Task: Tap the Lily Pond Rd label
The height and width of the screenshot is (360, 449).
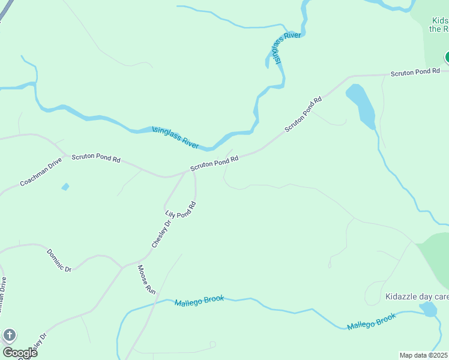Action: tap(181, 209)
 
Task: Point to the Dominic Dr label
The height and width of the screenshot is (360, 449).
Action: tap(59, 260)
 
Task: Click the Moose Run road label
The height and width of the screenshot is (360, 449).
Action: tap(146, 279)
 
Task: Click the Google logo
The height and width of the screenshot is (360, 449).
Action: tap(20, 352)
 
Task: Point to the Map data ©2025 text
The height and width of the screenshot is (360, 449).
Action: tap(424, 355)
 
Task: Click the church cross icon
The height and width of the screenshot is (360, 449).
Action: tap(9, 335)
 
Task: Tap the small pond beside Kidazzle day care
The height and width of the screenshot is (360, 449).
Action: tap(428, 309)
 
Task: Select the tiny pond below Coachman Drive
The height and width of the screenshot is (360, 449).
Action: tap(65, 187)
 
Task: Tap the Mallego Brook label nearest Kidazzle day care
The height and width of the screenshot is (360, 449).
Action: tap(372, 321)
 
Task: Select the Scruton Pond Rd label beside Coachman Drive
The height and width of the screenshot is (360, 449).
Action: tap(96, 159)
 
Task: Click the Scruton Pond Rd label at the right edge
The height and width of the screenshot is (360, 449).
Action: tap(419, 72)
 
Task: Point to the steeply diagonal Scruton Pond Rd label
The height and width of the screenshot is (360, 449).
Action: tap(303, 114)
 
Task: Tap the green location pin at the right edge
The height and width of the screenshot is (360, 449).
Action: tap(447, 57)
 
